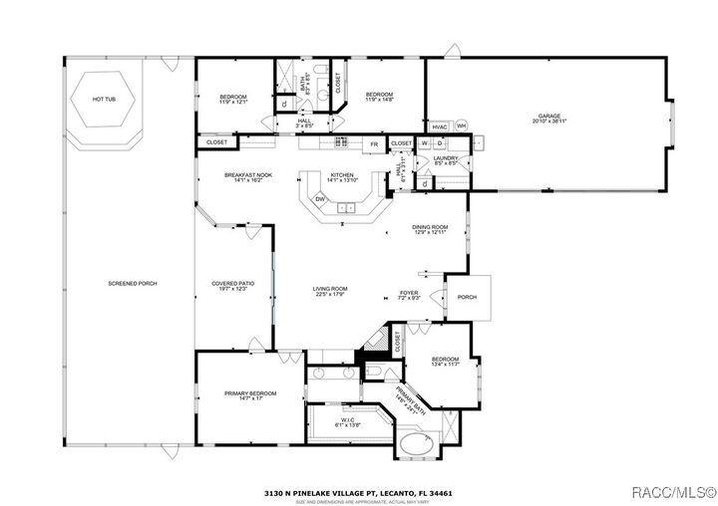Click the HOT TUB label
104,100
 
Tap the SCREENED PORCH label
133,284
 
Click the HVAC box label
440,126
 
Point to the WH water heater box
461,126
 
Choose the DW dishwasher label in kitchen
320,199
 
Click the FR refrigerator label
374,143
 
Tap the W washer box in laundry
423,143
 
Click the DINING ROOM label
430,229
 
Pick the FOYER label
410,294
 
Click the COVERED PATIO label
232,286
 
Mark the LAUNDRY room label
445,158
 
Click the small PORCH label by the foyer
467,297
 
